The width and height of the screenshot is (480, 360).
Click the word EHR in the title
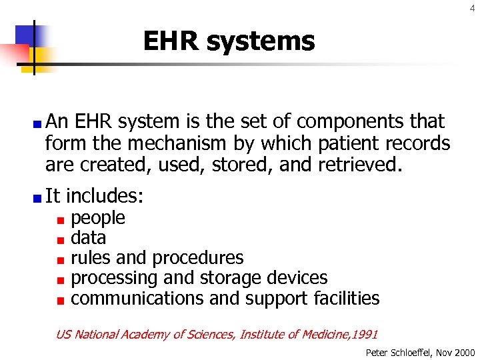[x=171, y=41]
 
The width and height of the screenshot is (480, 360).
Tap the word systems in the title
[x=260, y=41]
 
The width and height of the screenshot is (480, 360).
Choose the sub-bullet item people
[x=98, y=218]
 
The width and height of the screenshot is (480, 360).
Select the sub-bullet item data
[x=89, y=238]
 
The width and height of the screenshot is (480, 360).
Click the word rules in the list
[x=88, y=258]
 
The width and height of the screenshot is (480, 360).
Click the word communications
[x=137, y=298]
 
